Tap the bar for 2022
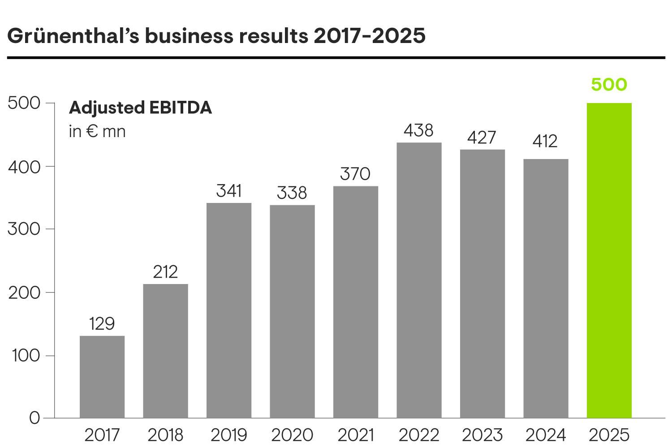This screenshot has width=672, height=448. tap(419, 280)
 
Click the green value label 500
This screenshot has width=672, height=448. tap(609, 85)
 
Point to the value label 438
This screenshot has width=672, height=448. tap(418, 130)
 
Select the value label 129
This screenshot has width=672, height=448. tap(102, 323)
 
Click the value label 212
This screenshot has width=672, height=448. tap(165, 272)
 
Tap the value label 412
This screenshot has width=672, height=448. tap(545, 142)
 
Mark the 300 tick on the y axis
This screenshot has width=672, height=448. tap(24, 229)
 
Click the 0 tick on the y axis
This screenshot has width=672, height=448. tap(34, 418)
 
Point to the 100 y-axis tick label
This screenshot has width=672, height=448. tap(26, 356)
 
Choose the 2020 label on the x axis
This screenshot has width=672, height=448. tap(292, 435)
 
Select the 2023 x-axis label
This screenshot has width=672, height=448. tap(482, 435)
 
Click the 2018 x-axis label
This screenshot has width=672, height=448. tap(165, 435)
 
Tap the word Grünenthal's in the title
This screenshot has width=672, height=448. tap(73, 36)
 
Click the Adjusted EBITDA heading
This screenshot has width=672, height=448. tap(140, 108)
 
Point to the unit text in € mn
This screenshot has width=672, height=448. tap(97, 131)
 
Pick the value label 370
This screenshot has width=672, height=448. tap(355, 174)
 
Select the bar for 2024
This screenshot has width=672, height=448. tap(546, 288)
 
